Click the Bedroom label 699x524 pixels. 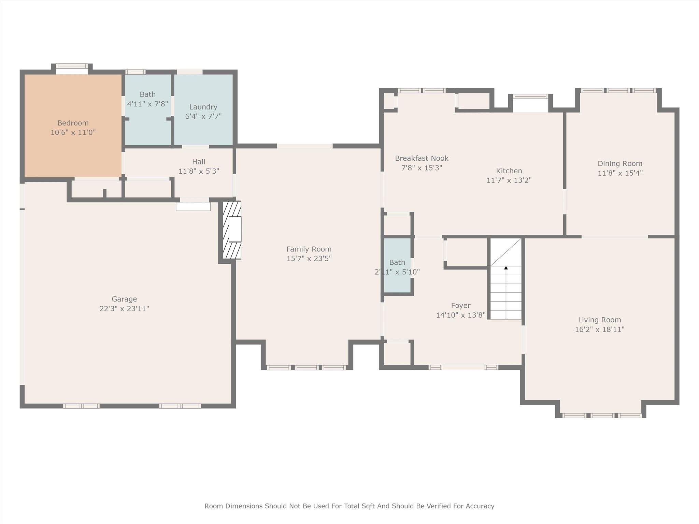pyautogui.click(x=73, y=123)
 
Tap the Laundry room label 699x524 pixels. pyautogui.click(x=203, y=107)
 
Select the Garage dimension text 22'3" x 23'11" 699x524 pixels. pyautogui.click(x=124, y=309)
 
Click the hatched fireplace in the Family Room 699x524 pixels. pyautogui.click(x=232, y=230)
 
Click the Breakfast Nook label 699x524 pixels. pyautogui.click(x=422, y=158)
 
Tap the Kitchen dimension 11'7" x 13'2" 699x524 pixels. pyautogui.click(x=509, y=180)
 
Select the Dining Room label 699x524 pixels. pyautogui.click(x=620, y=163)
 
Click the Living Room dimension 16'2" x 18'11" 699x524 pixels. pyautogui.click(x=600, y=330)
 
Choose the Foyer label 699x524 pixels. pyautogui.click(x=461, y=306)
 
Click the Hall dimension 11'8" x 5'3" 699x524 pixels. pyautogui.click(x=199, y=171)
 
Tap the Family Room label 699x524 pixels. pyautogui.click(x=309, y=249)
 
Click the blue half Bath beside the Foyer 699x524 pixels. pyautogui.click(x=397, y=265)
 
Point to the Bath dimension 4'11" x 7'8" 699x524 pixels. pyautogui.click(x=147, y=104)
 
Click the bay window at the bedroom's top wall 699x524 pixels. pyautogui.click(x=72, y=68)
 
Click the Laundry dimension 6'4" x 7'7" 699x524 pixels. pyautogui.click(x=203, y=116)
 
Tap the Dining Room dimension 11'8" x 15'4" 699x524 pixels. pyautogui.click(x=620, y=173)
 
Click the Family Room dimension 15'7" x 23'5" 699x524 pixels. pyautogui.click(x=309, y=259)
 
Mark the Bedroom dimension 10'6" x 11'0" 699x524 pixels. pyautogui.click(x=73, y=132)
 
